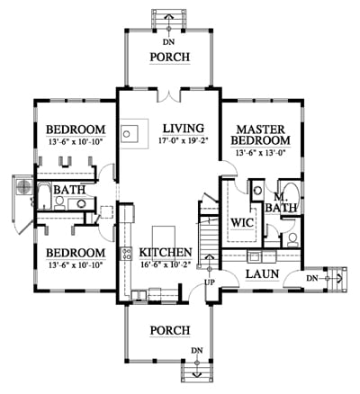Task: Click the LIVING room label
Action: pos(184,129)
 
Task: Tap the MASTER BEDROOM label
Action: pos(260,135)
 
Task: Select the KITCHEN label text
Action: pos(166,252)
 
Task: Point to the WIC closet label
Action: pos(242,223)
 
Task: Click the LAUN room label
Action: pos(263,273)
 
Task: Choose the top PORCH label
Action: pos(170,57)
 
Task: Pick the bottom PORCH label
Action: pos(170,330)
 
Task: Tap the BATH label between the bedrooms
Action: pos(69,190)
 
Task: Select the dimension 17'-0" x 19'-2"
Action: pos(184,140)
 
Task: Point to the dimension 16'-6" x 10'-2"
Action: pos(166,265)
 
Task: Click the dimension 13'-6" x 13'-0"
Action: pos(260,153)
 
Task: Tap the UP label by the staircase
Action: pos(210,282)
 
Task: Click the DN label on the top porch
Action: pos(169,42)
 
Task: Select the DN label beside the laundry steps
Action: pos(312,279)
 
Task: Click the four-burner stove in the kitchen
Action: pos(126,254)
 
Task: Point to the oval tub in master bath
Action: pos(291,194)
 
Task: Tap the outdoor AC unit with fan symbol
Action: pos(22,187)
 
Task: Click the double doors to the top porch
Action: pos(168,95)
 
